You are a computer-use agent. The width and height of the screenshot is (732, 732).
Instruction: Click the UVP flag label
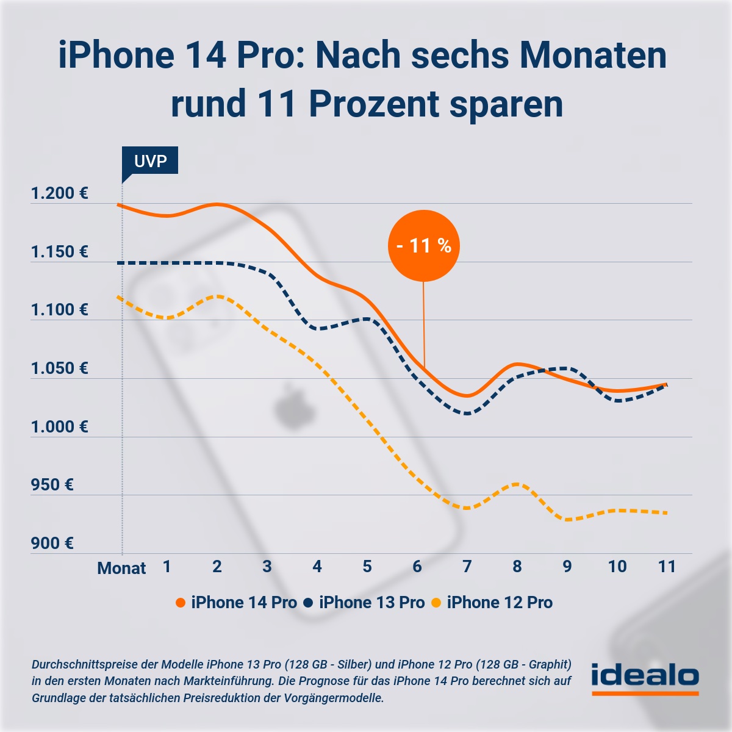tap(150, 161)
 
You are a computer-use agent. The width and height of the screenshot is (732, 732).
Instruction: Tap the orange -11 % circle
tap(423, 246)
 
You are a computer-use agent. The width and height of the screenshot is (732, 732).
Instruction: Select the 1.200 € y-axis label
tap(60, 193)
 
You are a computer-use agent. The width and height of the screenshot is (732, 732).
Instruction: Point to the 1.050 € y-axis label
tap(60, 368)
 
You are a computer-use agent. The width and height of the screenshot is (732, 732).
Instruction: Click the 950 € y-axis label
tap(52, 485)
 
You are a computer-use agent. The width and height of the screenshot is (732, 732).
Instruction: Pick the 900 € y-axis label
tap(52, 544)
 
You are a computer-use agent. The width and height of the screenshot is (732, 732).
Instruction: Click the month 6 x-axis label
tap(417, 567)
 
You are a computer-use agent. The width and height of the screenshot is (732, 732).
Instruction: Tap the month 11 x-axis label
tap(667, 567)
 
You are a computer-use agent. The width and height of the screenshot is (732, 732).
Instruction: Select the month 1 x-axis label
tap(167, 567)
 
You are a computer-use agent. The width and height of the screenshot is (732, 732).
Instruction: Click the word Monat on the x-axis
tap(121, 569)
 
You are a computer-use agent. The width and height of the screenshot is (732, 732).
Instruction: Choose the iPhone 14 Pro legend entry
tap(237, 603)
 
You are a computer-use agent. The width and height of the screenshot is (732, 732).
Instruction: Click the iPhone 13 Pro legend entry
tap(365, 603)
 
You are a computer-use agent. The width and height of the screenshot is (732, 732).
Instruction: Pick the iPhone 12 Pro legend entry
tap(493, 603)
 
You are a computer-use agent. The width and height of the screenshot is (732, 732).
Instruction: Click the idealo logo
tap(645, 678)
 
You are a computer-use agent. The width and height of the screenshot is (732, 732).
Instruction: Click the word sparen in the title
tap(506, 105)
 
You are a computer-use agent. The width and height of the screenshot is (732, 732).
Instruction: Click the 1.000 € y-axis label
tap(60, 427)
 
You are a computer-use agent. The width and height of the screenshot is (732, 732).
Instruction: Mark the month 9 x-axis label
tap(567, 567)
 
